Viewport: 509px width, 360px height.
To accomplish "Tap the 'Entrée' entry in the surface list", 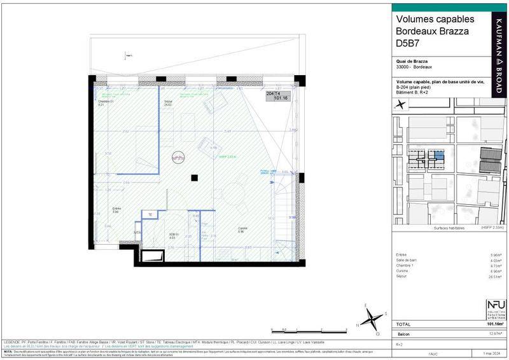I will click(x=402, y=254).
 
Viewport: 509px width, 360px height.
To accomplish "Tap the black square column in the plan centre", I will click(x=197, y=177).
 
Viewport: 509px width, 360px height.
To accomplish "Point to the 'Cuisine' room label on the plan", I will click(x=242, y=230).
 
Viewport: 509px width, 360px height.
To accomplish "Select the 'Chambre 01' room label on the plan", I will click(x=106, y=102).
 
